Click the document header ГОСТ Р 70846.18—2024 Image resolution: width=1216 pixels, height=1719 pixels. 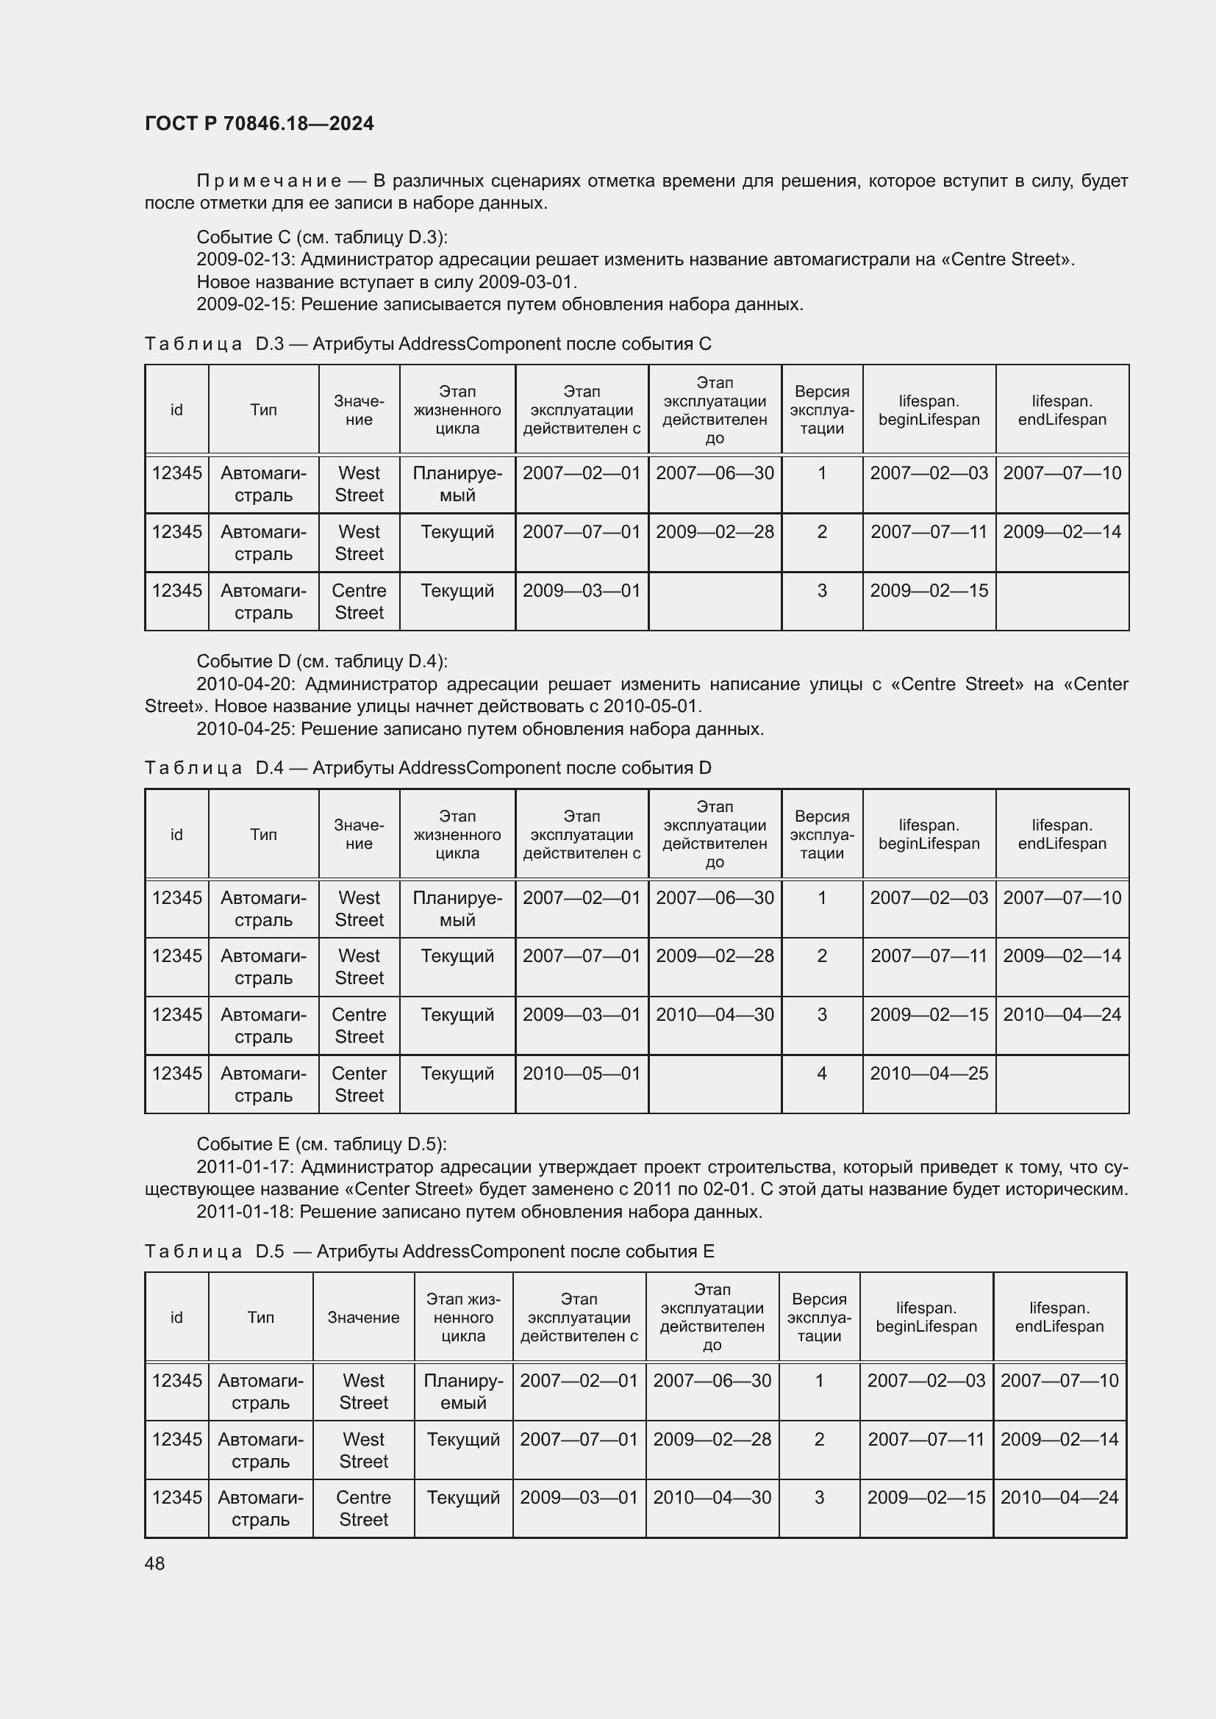[259, 123]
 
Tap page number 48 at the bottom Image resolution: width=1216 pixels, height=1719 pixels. [154, 1563]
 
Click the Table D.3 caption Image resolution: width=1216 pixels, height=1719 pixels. [428, 344]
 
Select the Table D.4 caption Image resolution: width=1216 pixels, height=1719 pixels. [428, 768]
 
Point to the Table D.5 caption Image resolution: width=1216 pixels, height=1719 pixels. [429, 1251]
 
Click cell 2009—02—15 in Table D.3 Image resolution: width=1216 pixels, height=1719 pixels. [929, 591]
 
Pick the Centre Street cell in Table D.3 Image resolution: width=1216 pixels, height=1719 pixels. [359, 601]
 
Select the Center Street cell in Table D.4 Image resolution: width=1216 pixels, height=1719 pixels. [359, 1084]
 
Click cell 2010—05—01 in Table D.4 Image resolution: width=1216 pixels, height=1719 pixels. [581, 1074]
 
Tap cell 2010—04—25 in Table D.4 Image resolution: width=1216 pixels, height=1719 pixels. [929, 1074]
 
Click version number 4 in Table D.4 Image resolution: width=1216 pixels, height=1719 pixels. [821, 1074]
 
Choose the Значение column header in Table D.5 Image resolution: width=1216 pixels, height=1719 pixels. [363, 1318]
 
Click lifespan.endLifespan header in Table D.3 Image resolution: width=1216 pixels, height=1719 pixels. [1062, 410]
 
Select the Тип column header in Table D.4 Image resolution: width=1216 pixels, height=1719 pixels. [264, 835]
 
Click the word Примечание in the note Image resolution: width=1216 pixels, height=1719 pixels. [269, 182]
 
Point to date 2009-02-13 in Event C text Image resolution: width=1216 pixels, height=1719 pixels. [245, 259]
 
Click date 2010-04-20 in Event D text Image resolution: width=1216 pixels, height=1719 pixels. [245, 684]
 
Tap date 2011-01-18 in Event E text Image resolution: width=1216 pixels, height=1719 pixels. [244, 1211]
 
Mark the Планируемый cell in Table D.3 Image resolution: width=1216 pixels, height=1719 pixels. [457, 484]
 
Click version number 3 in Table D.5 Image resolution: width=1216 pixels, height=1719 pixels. [819, 1497]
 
